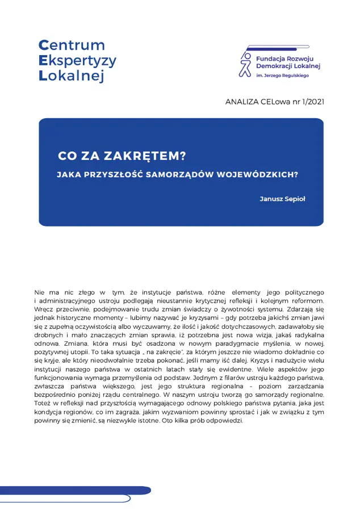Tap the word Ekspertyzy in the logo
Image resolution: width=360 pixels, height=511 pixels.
click(x=77, y=61)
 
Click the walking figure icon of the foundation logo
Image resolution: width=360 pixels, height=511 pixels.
click(x=245, y=64)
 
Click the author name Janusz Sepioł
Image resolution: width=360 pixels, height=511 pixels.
click(x=282, y=199)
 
